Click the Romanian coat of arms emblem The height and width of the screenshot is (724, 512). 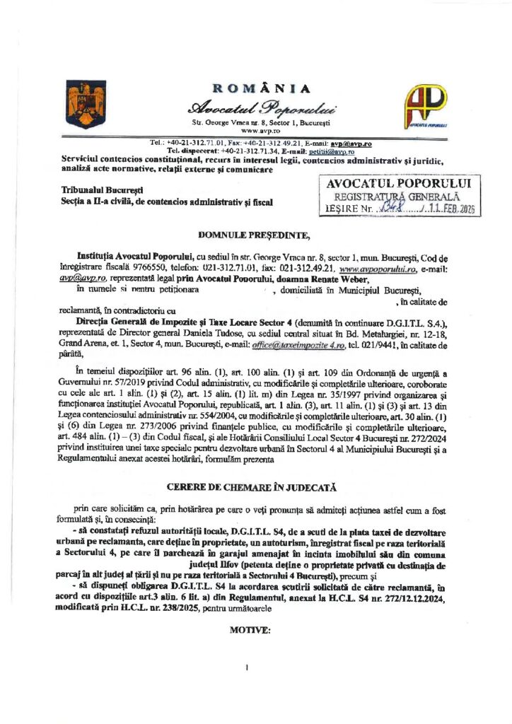pos(76,99)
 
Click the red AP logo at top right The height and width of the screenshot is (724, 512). pos(425,104)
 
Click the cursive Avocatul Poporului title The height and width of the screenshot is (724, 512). pos(261,108)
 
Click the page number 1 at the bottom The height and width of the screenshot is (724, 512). pos(247,667)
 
